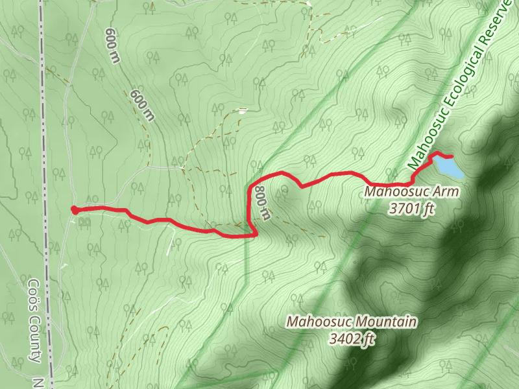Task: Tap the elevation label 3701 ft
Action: [411, 209]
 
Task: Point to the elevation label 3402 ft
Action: [352, 338]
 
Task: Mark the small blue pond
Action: [448, 167]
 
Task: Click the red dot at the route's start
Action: [74, 209]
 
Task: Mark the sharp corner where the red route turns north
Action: [254, 235]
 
